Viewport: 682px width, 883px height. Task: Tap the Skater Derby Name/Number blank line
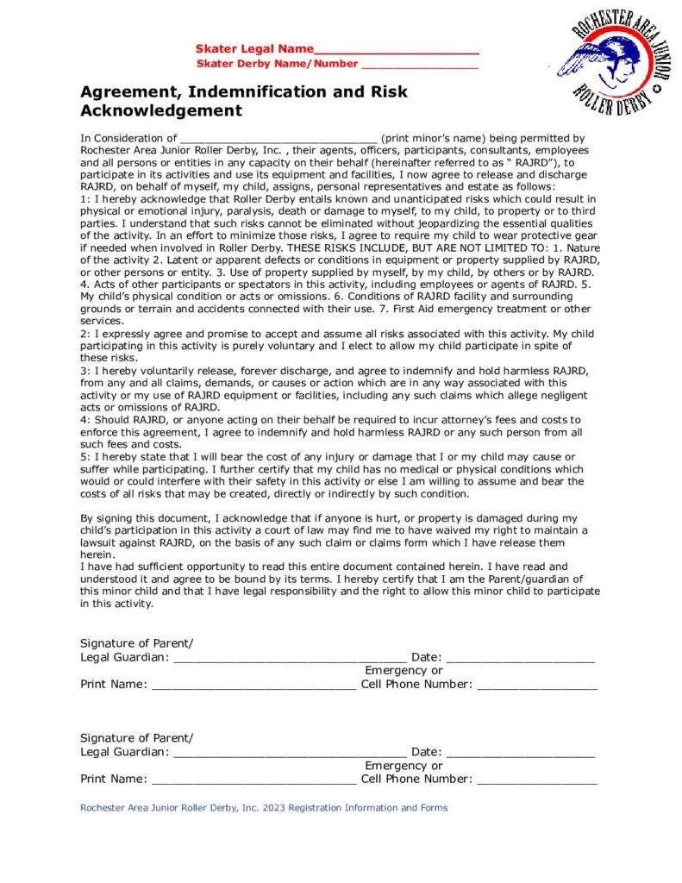420,66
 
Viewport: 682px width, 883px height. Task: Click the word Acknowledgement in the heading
161,111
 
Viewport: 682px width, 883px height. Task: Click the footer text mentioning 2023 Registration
264,808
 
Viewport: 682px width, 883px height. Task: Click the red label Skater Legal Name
254,49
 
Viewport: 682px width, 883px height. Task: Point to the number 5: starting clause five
84,456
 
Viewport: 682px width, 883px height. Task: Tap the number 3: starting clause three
84,371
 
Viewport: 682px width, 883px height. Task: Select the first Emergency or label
404,671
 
